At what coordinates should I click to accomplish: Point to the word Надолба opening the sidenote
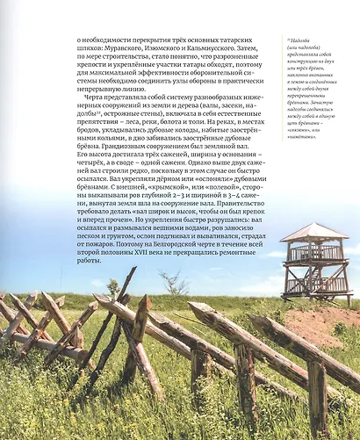[x=298, y=41]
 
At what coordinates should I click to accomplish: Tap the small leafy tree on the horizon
[x=112, y=287]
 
